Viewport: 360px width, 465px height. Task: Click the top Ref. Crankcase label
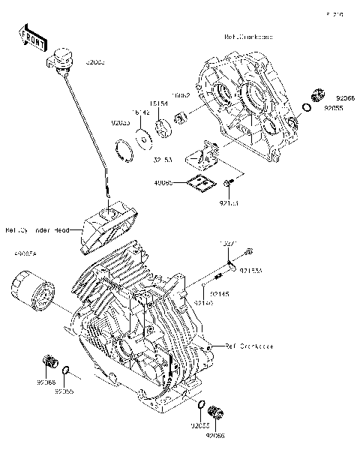[x=248, y=37]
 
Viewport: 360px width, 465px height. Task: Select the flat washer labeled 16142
[x=141, y=136]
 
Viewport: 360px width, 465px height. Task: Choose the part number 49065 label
[x=163, y=181]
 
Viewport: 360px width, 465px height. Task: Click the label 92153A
[x=250, y=271]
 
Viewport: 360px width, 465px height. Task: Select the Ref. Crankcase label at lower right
[x=249, y=346]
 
